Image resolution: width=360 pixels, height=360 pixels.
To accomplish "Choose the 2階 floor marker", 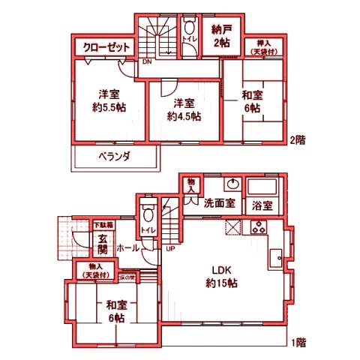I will [x=298, y=139].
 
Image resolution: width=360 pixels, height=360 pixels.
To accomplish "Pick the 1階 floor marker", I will [x=298, y=343].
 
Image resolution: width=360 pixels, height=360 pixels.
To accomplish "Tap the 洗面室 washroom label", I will [x=220, y=202].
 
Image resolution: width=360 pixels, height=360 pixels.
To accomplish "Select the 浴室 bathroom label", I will [x=262, y=204].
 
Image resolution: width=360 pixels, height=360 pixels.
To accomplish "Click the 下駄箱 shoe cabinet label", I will [x=103, y=225].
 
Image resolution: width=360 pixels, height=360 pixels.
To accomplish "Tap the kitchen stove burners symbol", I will [x=259, y=229].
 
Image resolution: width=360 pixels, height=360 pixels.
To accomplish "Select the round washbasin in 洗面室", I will [x=232, y=184].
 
